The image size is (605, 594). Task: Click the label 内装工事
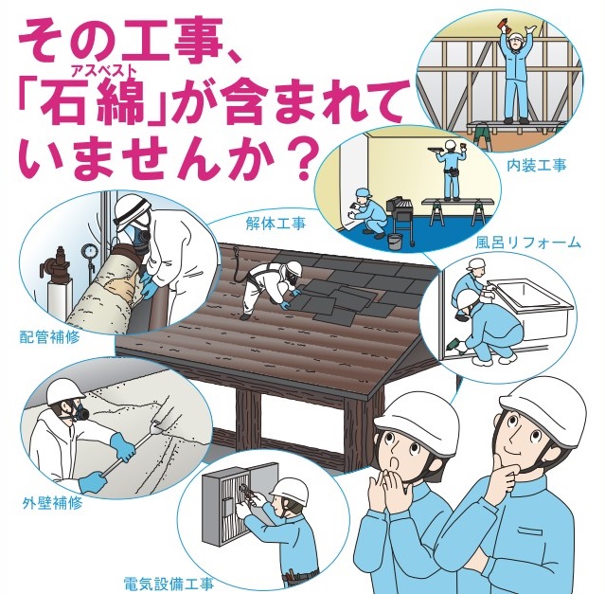tap(537, 165)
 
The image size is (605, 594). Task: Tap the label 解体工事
tap(276, 224)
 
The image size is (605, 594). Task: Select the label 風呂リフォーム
tap(527, 243)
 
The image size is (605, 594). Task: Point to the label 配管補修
tap(50, 337)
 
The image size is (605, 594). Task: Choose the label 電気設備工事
tap(169, 584)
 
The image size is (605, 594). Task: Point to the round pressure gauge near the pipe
tap(88, 253)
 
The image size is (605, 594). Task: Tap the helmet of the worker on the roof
tap(294, 267)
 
